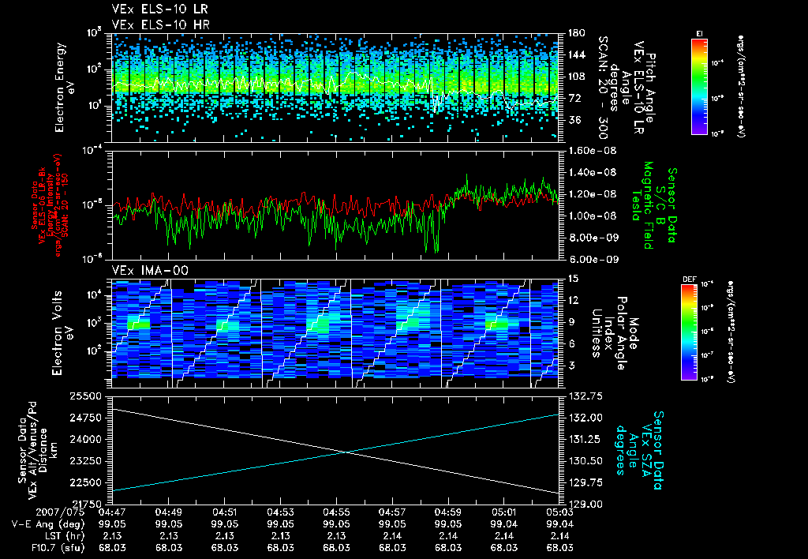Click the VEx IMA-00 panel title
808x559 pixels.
tap(141, 271)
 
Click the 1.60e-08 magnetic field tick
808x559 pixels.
tap(587, 150)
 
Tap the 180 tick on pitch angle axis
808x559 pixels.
tap(574, 33)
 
